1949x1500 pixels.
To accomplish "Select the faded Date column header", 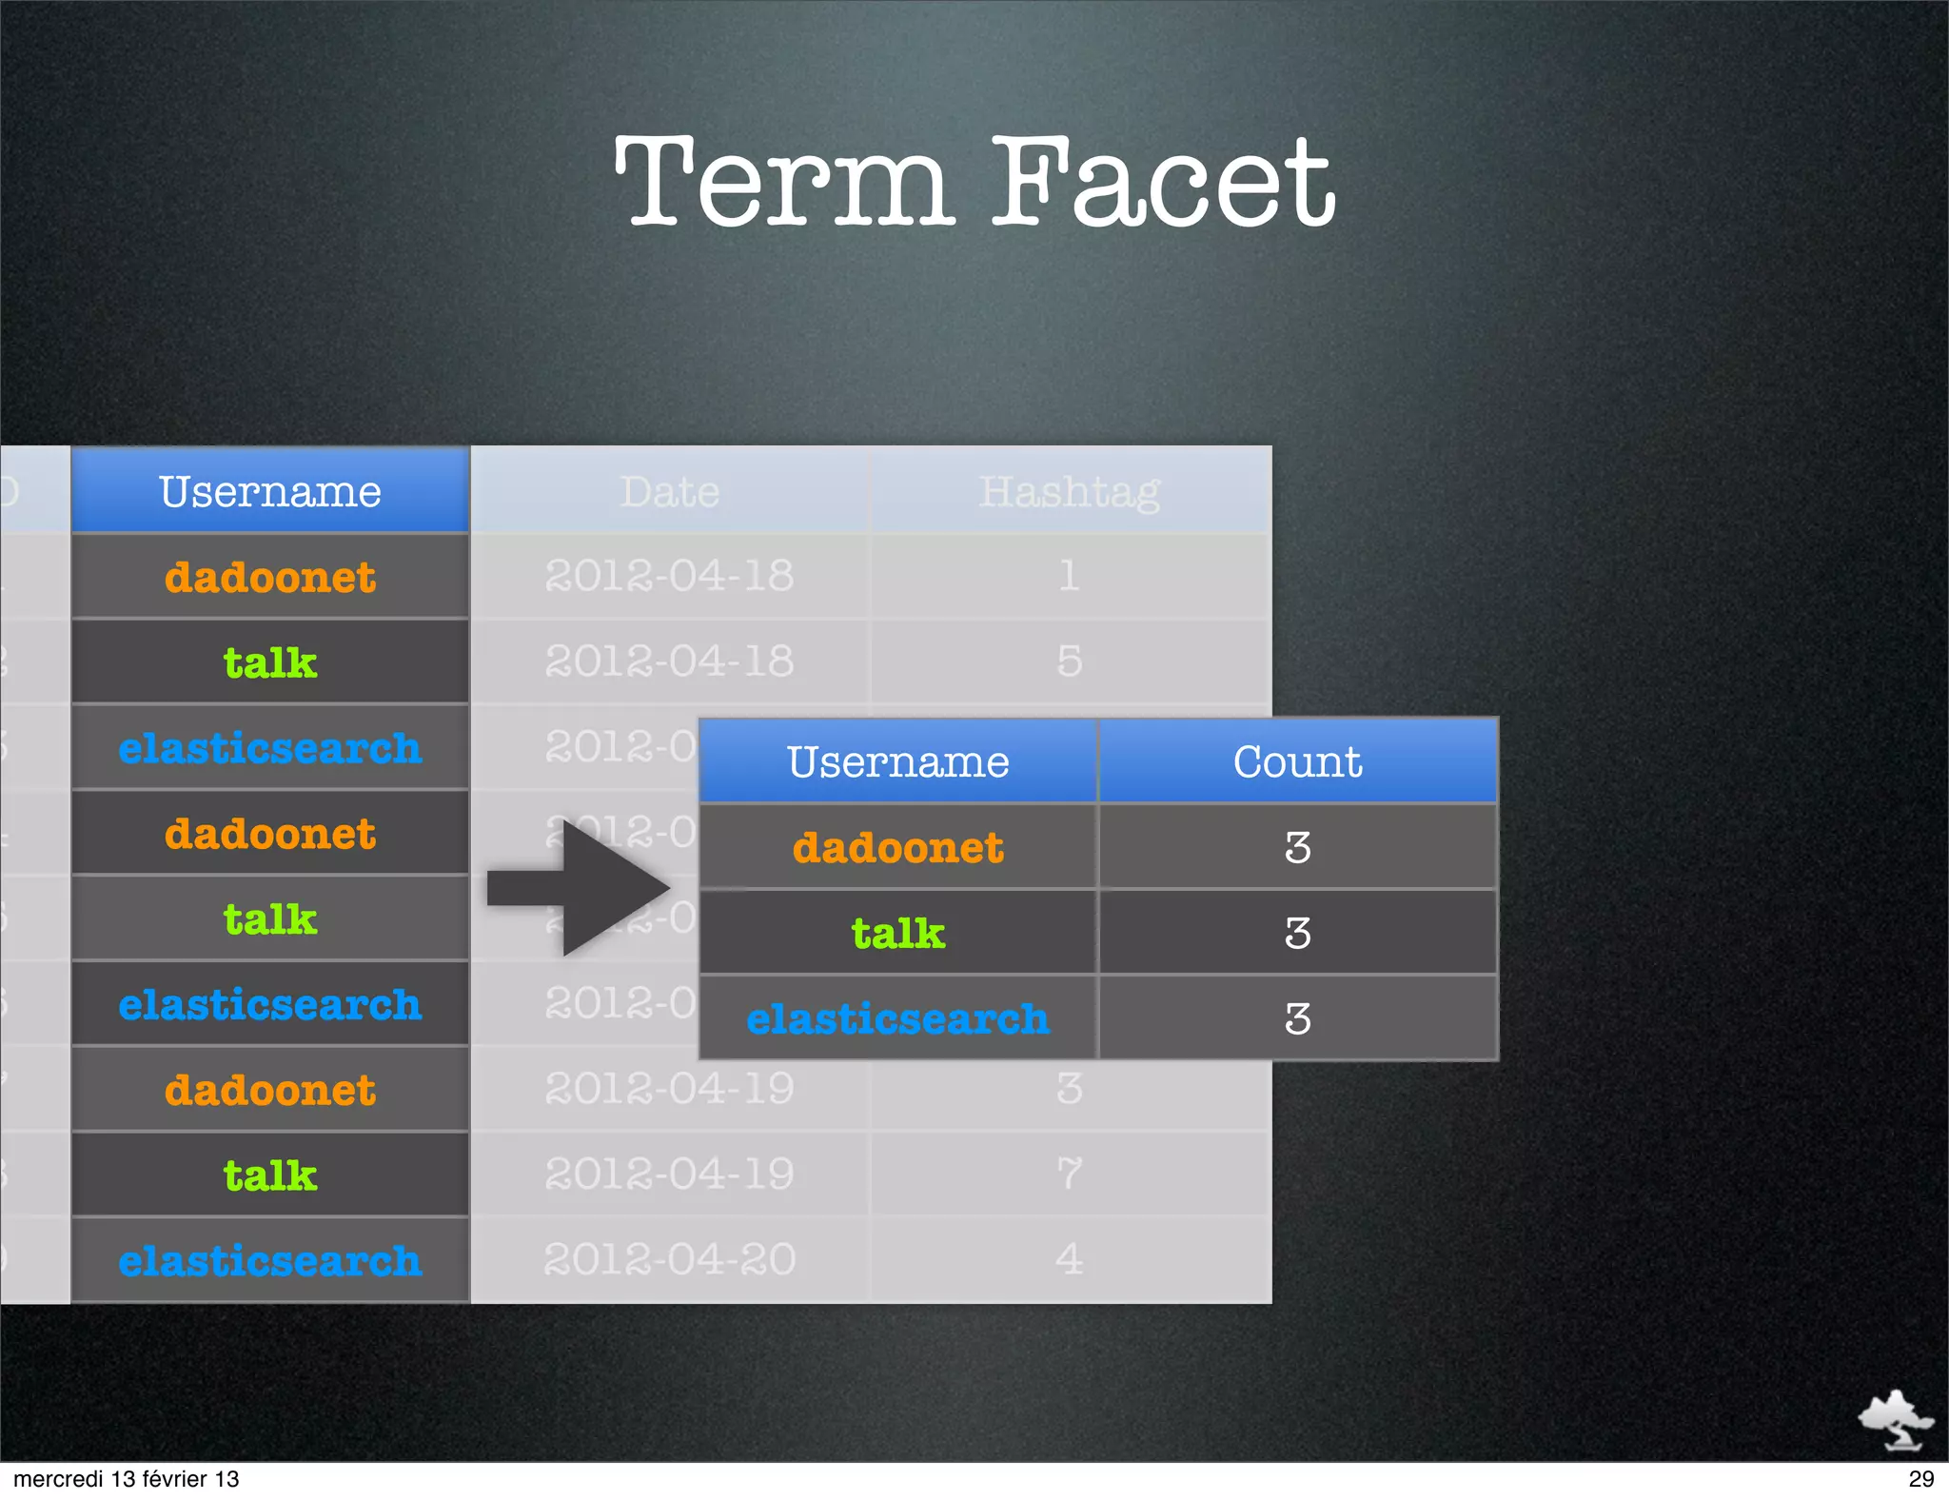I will [670, 491].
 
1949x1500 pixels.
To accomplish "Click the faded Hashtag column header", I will [1070, 491].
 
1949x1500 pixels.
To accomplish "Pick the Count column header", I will [1297, 761].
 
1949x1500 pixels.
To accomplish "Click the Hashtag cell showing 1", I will [1070, 576].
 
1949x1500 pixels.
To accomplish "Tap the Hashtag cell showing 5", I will [1070, 661].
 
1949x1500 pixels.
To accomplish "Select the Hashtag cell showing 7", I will [1070, 1174].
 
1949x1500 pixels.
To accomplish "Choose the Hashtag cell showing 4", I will [1070, 1259].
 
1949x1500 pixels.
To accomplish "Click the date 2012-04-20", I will [670, 1259].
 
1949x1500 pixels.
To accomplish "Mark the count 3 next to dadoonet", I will [1297, 847].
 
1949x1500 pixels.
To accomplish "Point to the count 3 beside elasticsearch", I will [1297, 1018].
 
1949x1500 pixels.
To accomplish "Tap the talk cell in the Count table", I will [898, 933].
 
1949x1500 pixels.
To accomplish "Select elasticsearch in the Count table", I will [898, 1018].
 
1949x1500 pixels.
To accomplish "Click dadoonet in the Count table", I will [898, 847].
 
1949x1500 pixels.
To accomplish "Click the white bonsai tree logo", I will [1895, 1419].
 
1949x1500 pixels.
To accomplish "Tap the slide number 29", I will [1920, 1479].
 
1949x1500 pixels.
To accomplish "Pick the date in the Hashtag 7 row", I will [670, 1174].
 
